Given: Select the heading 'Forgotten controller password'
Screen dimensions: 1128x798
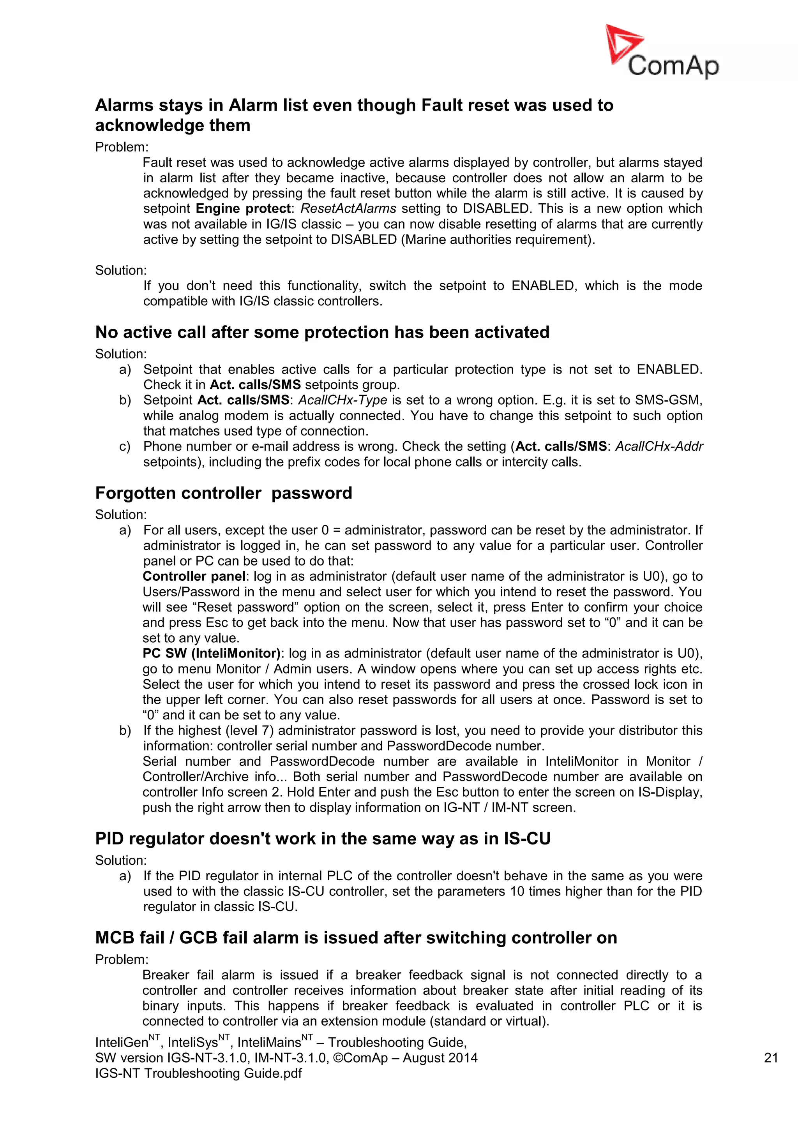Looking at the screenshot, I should point(224,493).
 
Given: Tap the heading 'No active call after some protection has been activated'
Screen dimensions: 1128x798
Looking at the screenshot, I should point(322,332).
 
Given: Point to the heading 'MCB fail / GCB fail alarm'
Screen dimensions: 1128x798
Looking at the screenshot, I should point(356,938).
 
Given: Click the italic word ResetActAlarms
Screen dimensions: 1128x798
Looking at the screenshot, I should point(348,208).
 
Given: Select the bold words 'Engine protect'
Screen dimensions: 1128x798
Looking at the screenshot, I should point(243,208).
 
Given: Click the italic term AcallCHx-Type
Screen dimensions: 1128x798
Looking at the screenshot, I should point(343,400).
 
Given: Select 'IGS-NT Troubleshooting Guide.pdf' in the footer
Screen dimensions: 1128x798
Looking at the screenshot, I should point(198,1073).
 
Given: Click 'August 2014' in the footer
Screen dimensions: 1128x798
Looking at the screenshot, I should point(440,1058).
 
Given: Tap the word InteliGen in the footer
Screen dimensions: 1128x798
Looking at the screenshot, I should point(121,1043).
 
